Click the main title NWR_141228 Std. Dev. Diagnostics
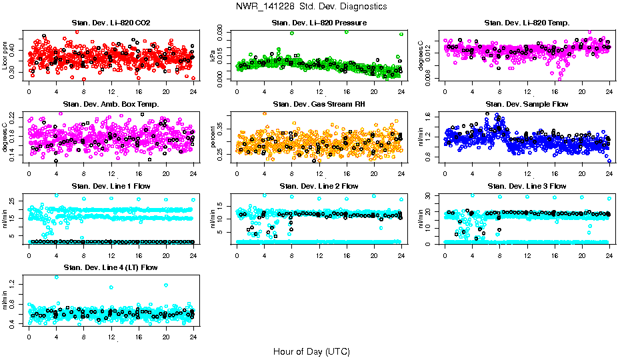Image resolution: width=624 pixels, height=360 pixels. pos(311,7)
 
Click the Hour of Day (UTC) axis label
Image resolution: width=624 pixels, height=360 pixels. pos(311,351)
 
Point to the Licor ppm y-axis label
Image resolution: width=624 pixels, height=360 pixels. pos(5,55)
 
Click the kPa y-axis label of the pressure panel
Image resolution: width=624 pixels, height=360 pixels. pos(213,56)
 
